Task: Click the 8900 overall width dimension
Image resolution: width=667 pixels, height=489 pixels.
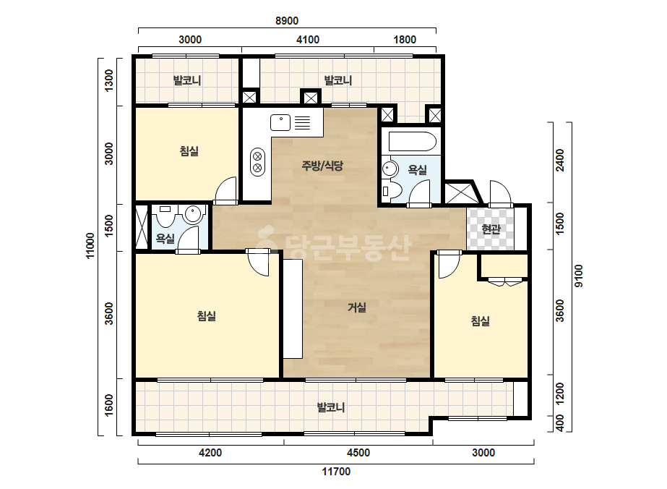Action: tap(287, 20)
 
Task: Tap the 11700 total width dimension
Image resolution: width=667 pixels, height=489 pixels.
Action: tap(336, 472)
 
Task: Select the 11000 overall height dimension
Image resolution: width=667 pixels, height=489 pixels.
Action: tap(90, 245)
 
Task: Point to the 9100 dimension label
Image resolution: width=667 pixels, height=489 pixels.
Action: tap(579, 276)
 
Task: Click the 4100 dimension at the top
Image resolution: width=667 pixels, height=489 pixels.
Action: tap(308, 40)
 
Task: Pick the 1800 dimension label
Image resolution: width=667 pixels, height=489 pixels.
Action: tap(405, 40)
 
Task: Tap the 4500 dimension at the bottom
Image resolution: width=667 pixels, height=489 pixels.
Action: tap(358, 452)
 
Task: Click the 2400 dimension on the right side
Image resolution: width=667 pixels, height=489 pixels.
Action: tap(560, 160)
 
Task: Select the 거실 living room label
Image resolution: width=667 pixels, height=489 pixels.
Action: tap(357, 307)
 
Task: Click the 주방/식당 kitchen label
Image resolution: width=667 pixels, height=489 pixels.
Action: tap(322, 165)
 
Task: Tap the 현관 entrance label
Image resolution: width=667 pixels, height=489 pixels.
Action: tap(491, 229)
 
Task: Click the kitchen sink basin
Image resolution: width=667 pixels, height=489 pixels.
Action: tap(280, 123)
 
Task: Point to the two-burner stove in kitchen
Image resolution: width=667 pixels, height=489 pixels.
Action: tap(257, 162)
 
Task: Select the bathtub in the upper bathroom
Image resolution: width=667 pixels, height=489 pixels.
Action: tap(412, 141)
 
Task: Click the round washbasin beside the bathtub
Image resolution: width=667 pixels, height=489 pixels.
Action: tap(390, 169)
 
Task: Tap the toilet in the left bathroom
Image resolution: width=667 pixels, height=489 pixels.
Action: tap(165, 216)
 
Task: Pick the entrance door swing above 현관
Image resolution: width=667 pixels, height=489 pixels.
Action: tap(500, 192)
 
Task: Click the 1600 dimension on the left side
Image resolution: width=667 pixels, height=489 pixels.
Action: tap(109, 406)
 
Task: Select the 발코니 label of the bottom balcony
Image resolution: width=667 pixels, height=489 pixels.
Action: tap(331, 408)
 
